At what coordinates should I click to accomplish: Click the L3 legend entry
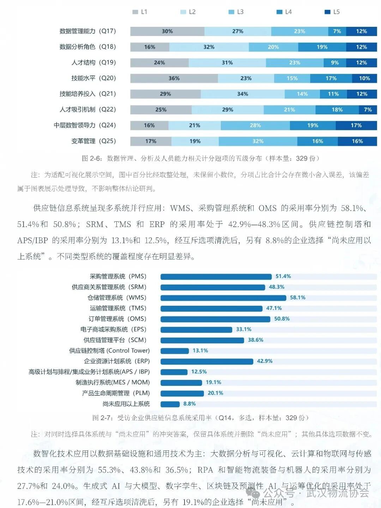click(x=236, y=12)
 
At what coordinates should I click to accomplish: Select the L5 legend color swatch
click(x=327, y=12)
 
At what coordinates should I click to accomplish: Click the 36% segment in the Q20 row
click(x=174, y=78)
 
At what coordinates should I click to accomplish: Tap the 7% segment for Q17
click(x=337, y=31)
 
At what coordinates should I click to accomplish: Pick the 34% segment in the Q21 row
click(x=242, y=94)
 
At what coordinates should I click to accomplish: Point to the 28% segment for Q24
click(x=255, y=125)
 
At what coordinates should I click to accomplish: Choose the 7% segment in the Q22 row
click(x=368, y=110)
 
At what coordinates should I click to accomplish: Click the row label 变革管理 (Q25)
click(x=93, y=141)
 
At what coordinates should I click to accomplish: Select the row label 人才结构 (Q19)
click(x=93, y=62)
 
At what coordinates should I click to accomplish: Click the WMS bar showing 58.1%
click(x=223, y=298)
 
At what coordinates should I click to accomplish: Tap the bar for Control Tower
click(x=175, y=351)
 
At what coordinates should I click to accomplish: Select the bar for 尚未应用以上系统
click(x=170, y=404)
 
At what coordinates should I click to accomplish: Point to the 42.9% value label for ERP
click(x=265, y=361)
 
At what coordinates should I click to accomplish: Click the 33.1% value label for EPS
click(x=243, y=329)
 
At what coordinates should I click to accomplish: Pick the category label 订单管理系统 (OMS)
click(x=117, y=319)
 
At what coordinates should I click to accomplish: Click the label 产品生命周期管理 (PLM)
click(x=116, y=393)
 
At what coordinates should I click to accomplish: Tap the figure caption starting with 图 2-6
click(x=201, y=159)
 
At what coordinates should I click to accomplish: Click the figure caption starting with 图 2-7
click(x=200, y=418)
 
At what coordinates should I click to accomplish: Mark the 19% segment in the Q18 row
click(x=322, y=47)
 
